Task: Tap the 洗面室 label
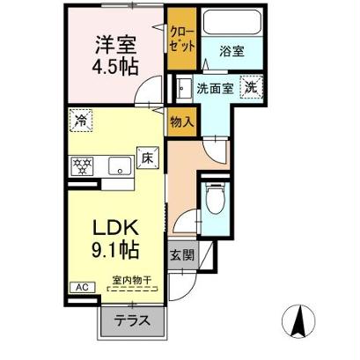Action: (x=215, y=88)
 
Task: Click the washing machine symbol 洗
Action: (x=251, y=87)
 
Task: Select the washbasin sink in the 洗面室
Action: (x=183, y=89)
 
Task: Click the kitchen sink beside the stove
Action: (x=116, y=165)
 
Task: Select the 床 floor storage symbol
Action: (x=148, y=158)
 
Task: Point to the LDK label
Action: (x=116, y=229)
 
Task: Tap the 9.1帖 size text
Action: (x=116, y=250)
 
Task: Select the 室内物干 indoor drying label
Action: (x=131, y=280)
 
